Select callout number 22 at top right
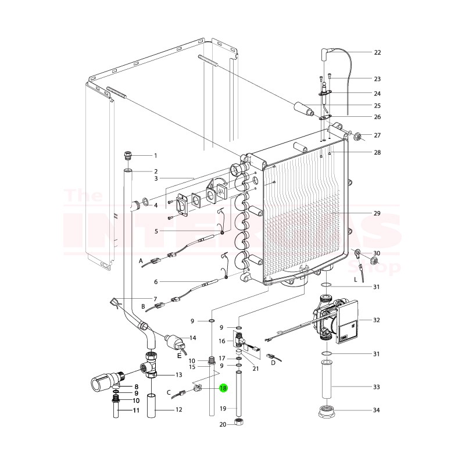click(377, 52)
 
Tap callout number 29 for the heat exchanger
click(377, 213)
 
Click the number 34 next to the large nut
click(377, 410)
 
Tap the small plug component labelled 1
click(128, 155)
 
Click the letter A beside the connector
click(141, 262)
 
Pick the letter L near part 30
click(355, 280)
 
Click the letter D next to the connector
click(272, 363)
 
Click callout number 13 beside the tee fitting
click(178, 375)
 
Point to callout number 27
click(377, 135)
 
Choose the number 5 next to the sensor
click(156, 231)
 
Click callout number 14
click(193, 338)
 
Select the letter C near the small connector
click(169, 393)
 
